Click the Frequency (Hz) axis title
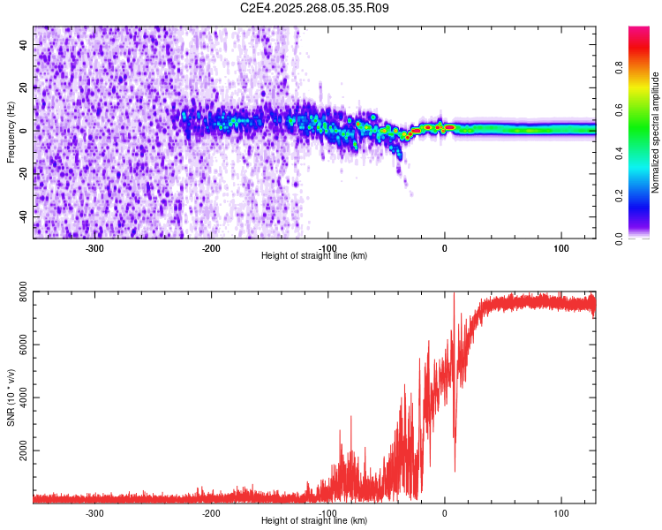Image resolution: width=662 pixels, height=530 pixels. pos(11,132)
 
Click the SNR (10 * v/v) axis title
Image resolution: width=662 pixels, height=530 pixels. pos(11,397)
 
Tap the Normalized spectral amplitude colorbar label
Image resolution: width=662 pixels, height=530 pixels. pos(656,132)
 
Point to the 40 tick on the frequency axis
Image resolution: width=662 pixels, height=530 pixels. pos(25,46)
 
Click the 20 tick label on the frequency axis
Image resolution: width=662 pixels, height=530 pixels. pos(25,88)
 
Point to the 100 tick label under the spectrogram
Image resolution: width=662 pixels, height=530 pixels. pos(561,247)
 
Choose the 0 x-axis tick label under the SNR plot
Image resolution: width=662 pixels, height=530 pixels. pos(445,512)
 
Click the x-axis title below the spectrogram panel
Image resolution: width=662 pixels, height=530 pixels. pos(314,255)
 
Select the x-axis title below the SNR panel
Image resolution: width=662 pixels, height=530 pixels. pos(314,520)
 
